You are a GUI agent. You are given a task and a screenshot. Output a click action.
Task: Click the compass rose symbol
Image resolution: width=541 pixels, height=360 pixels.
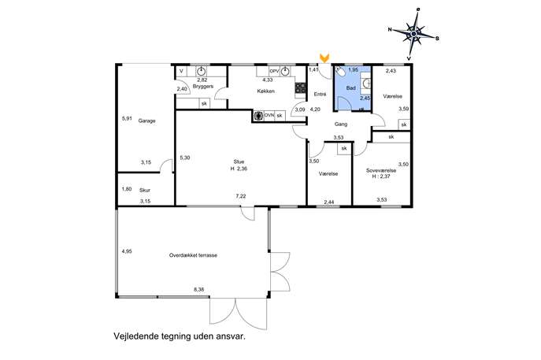[413, 34]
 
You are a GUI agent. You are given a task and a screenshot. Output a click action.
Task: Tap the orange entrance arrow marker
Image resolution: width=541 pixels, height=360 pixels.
[324, 58]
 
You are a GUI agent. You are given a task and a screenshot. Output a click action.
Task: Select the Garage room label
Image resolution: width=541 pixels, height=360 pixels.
[146, 121]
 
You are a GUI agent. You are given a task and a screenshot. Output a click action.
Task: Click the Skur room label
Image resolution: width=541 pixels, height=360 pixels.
[145, 190]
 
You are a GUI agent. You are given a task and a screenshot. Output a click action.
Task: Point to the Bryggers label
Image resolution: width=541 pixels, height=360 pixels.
[203, 87]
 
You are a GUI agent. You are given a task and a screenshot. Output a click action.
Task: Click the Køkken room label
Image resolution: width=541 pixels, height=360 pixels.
[265, 91]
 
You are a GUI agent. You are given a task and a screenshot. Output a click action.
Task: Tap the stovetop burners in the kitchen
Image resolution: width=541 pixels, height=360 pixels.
[301, 87]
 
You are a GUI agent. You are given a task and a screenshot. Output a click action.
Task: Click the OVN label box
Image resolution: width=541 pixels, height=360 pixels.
[269, 116]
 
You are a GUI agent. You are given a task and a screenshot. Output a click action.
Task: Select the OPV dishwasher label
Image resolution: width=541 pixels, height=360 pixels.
[274, 71]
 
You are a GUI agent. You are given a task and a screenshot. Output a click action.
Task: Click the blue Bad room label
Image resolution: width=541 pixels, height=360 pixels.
[351, 88]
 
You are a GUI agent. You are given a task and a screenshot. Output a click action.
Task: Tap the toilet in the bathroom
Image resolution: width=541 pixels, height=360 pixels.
[339, 72]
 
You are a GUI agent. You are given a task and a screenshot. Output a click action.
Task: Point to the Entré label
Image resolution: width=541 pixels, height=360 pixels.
[320, 94]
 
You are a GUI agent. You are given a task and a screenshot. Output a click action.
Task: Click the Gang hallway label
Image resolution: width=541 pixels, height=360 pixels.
[340, 124]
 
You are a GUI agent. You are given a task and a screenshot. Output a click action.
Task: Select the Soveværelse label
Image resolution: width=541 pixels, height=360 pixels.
[381, 170]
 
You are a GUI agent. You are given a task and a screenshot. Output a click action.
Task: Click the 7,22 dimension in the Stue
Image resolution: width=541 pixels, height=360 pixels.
[241, 196]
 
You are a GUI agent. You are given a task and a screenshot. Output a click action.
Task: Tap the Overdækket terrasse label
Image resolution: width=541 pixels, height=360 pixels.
[193, 255]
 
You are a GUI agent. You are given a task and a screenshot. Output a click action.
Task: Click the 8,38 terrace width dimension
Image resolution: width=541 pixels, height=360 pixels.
[199, 290]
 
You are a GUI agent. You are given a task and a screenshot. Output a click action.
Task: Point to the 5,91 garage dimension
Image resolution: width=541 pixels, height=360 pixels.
[127, 118]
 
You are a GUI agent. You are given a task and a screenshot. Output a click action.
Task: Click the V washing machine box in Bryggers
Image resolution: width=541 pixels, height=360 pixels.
[181, 72]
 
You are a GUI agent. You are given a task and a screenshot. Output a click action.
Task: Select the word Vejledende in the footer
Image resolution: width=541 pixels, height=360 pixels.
[135, 336]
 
